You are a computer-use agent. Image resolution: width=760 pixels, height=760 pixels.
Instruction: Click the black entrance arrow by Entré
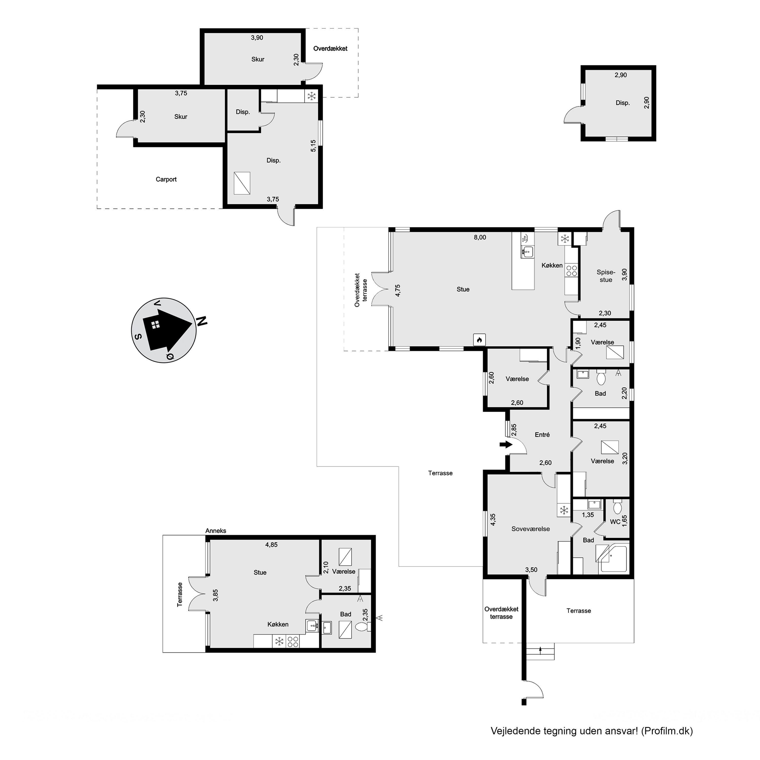(506, 445)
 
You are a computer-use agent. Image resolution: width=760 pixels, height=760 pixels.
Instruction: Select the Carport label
(166, 179)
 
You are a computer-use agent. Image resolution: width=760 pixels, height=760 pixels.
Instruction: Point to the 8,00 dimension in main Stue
(480, 237)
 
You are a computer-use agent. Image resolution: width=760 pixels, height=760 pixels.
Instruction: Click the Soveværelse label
(531, 529)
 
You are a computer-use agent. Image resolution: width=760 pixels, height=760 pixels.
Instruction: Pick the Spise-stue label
(606, 276)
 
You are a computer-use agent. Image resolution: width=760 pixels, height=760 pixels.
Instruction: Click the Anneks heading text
(216, 531)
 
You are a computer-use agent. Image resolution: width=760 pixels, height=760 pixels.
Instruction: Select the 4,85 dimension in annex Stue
(271, 545)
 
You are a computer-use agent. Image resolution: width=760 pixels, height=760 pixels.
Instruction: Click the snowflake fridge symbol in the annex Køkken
(279, 642)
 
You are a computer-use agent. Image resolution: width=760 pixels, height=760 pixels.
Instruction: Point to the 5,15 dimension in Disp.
(313, 146)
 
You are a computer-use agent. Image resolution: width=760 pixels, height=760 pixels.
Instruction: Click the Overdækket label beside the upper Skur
(330, 49)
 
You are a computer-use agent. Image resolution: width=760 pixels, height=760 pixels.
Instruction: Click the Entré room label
(542, 435)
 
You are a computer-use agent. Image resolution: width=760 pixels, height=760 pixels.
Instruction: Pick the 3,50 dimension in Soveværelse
(531, 569)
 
